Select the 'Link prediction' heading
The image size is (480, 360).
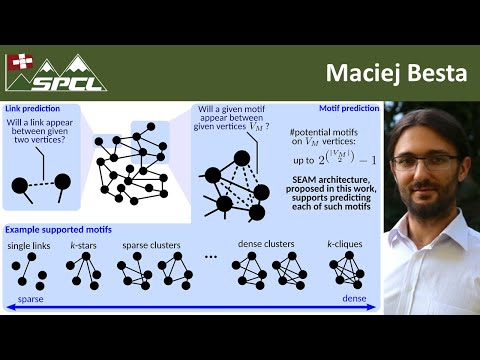[x=28, y=106]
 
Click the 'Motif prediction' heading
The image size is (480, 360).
[x=348, y=106]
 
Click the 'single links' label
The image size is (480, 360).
[x=29, y=245]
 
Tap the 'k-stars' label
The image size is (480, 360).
[x=82, y=245]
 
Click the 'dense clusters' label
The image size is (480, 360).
[x=267, y=245]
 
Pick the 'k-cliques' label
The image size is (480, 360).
[x=344, y=245]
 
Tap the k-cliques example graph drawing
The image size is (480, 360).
[x=346, y=269]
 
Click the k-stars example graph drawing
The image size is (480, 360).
[x=82, y=269]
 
